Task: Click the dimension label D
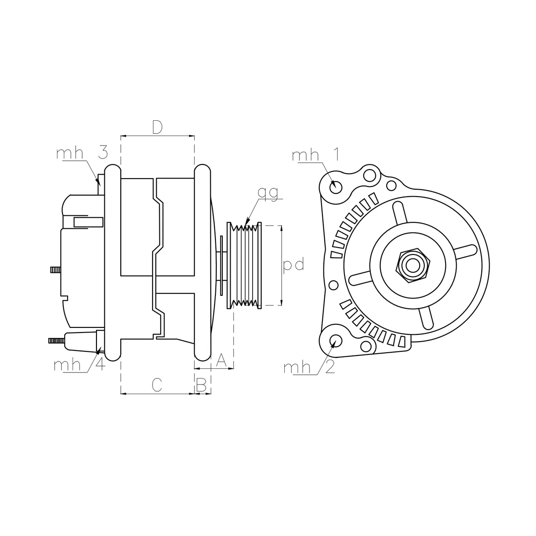[157, 127]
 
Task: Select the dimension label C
[157, 385]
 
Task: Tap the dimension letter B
[201, 385]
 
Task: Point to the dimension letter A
[221, 360]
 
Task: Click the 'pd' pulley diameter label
[293, 265]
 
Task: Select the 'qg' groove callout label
[268, 193]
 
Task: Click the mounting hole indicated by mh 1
[336, 187]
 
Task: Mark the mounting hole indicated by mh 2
[336, 341]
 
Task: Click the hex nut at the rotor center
[412, 265]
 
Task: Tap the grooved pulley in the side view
[245, 265]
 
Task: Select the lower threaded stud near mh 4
[57, 340]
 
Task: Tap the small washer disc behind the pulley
[222, 265]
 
